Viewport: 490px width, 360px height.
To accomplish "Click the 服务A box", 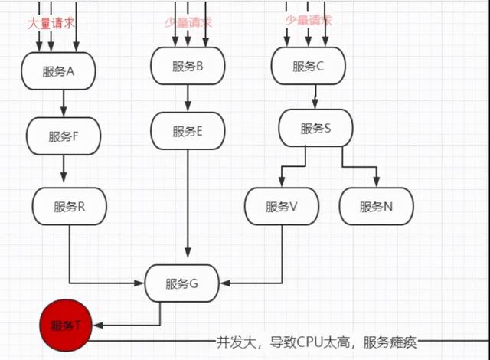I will coord(58,71).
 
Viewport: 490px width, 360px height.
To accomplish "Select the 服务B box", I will coord(188,67).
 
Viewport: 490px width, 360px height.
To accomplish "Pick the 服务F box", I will coord(64,136).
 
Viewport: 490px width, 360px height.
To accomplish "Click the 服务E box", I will coord(188,131).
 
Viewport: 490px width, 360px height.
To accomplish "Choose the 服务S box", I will coord(315,128).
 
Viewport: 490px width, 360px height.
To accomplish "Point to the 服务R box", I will coord(69,206).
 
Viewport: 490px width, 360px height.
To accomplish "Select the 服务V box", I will coord(282,206).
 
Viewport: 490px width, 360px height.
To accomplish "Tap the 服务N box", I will coord(376,206).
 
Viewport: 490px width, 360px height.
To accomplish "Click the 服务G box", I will coord(181,283).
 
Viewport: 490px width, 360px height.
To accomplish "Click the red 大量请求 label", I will coord(52,23).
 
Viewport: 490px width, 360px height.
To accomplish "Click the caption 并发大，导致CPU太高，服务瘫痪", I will coord(317,342).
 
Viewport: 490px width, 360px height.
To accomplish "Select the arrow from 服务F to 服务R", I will coord(64,170).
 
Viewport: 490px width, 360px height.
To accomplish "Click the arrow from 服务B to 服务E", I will coord(188,98).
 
